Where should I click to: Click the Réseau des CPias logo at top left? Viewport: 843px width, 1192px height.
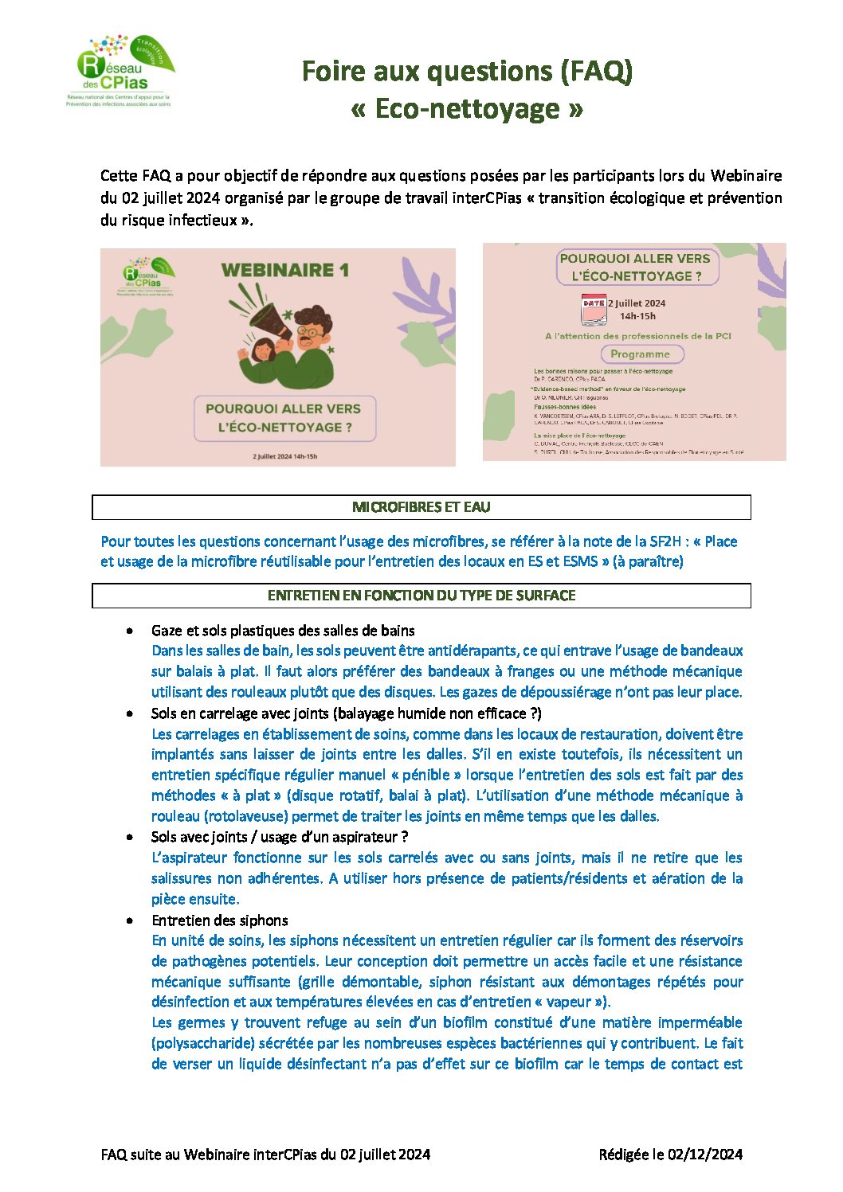[120, 72]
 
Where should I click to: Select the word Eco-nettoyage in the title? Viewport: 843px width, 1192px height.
[467, 108]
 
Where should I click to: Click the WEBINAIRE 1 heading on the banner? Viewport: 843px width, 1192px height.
[285, 270]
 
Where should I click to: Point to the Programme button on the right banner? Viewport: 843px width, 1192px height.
[640, 354]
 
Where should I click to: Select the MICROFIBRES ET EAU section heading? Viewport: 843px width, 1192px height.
[421, 507]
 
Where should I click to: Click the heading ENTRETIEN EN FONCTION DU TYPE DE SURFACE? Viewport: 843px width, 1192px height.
[421, 596]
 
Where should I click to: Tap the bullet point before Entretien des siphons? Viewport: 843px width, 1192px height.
[129, 920]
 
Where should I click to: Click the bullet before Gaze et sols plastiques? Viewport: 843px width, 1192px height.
[129, 631]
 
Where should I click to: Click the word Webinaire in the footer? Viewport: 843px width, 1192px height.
[216, 1155]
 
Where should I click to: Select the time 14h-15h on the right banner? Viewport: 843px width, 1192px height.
[637, 316]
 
